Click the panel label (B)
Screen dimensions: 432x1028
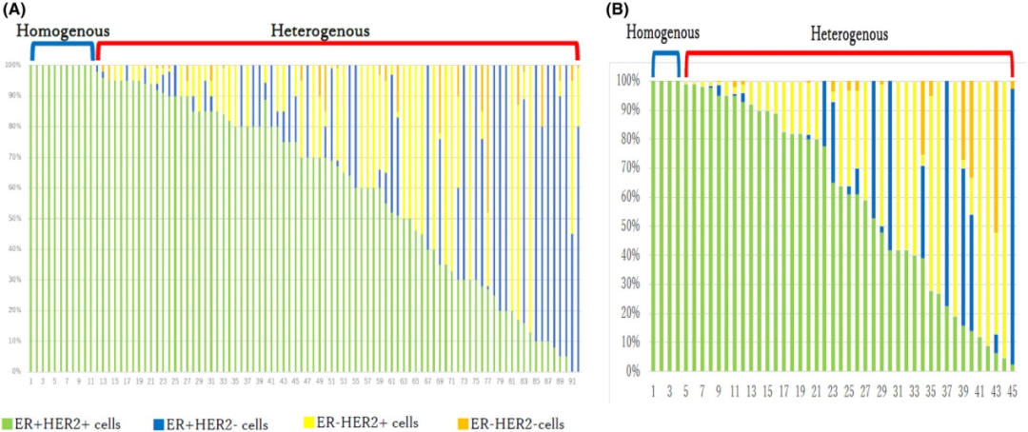click(621, 10)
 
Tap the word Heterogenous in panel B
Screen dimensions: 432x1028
click(849, 34)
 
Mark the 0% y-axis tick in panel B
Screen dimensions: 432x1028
click(633, 371)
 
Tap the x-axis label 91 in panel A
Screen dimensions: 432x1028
click(572, 381)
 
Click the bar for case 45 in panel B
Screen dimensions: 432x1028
click(1012, 228)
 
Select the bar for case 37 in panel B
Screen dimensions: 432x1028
click(946, 228)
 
